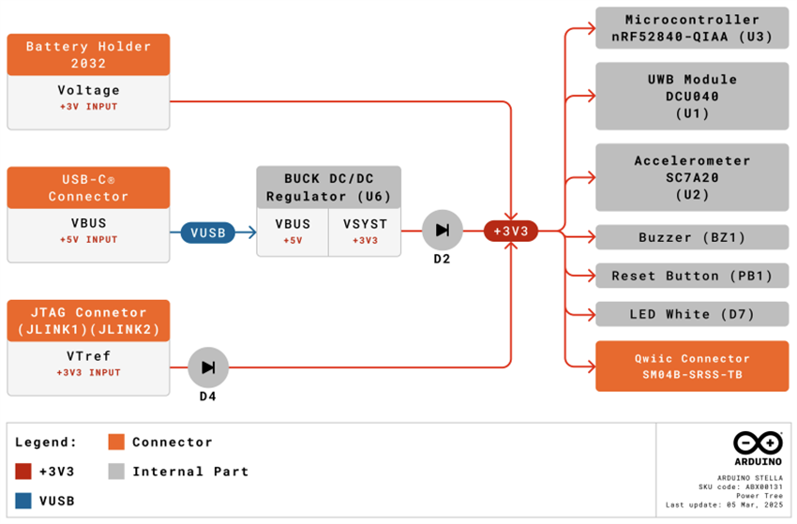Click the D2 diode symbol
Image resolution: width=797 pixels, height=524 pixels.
click(442, 231)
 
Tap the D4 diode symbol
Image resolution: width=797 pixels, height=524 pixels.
click(208, 367)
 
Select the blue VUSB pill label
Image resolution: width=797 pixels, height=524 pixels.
click(208, 232)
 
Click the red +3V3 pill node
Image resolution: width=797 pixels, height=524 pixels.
click(511, 231)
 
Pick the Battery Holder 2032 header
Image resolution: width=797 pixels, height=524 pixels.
click(88, 54)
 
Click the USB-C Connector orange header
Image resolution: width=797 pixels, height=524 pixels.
click(88, 187)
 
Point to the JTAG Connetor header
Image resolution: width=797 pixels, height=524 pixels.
click(88, 321)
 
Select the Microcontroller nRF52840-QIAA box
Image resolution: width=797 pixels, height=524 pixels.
click(693, 28)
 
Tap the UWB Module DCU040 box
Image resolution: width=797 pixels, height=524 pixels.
click(693, 96)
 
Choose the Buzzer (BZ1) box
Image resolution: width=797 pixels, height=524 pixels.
click(693, 237)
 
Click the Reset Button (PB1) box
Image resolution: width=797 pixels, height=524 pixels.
click(693, 276)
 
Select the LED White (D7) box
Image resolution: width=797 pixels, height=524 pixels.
click(693, 314)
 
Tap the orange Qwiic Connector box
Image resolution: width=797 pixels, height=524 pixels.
click(693, 366)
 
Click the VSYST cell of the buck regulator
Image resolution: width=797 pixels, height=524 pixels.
click(365, 232)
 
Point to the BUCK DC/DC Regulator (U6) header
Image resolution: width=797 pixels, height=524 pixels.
click(328, 187)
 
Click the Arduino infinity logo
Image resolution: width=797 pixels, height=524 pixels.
click(758, 442)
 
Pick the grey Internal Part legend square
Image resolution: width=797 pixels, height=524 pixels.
click(116, 471)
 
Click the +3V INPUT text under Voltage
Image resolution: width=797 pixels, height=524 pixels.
click(88, 108)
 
